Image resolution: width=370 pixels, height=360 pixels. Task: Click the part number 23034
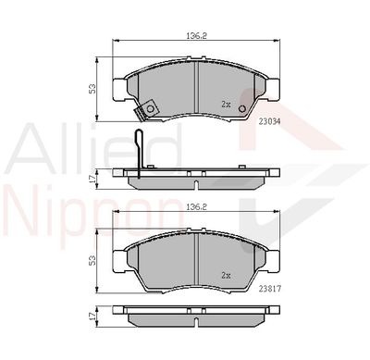[271, 119]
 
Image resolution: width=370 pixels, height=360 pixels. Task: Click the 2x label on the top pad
[227, 105]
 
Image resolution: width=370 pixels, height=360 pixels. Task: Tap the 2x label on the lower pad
[227, 275]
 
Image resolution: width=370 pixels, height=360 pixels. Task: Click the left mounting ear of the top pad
[117, 90]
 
